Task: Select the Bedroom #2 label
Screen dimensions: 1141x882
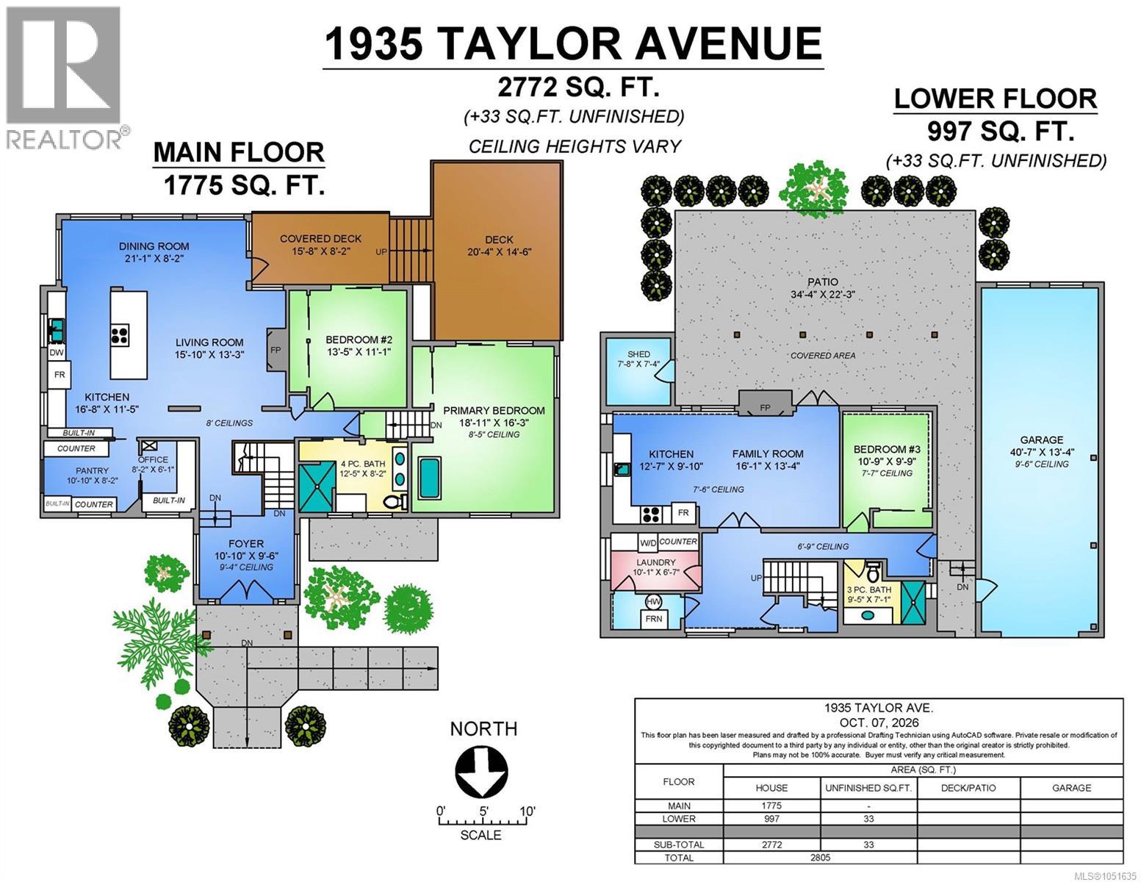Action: pyautogui.click(x=359, y=345)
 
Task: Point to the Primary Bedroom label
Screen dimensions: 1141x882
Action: pyautogui.click(x=494, y=417)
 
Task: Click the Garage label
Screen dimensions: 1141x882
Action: pyautogui.click(x=1041, y=446)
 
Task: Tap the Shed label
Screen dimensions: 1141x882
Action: pyautogui.click(x=638, y=359)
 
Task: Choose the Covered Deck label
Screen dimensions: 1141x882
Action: pyautogui.click(x=320, y=245)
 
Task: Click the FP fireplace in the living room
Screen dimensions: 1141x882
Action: pyautogui.click(x=276, y=349)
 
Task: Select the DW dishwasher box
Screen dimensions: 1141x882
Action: pyautogui.click(x=57, y=353)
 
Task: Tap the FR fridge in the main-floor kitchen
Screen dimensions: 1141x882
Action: pyautogui.click(x=60, y=375)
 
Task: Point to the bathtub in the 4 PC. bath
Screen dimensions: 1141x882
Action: pyautogui.click(x=430, y=476)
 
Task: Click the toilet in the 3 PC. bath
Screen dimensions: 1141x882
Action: pyautogui.click(x=873, y=573)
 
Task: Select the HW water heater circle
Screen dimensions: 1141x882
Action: pyautogui.click(x=653, y=601)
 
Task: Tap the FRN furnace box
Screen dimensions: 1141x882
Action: pyautogui.click(x=654, y=619)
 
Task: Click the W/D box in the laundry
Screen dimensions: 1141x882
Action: pyautogui.click(x=647, y=542)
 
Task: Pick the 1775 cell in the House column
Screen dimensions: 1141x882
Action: pyautogui.click(x=771, y=806)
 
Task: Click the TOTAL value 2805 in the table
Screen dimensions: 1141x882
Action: pyautogui.click(x=820, y=857)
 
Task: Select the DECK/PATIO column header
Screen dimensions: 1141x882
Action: pyautogui.click(x=968, y=788)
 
